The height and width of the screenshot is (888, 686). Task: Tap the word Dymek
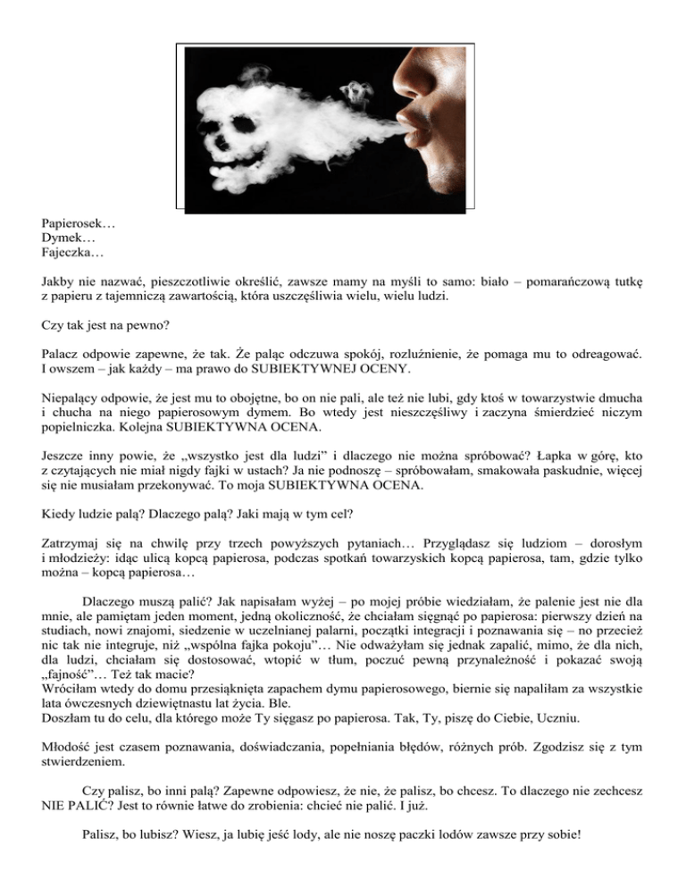pyautogui.click(x=65, y=239)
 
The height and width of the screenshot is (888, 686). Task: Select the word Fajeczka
pyautogui.click(x=71, y=254)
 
